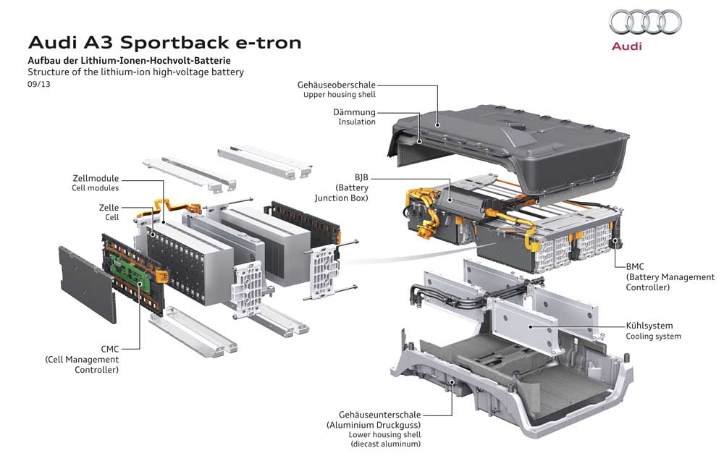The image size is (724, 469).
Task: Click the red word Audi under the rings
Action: [627, 46]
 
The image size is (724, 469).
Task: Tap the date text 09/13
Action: [38, 85]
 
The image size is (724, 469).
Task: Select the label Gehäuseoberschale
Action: [337, 85]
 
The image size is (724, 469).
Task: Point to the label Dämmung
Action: [354, 112]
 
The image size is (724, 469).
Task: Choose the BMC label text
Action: [636, 266]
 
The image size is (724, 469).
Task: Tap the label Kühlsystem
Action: [649, 326]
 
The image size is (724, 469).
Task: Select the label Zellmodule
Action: [96, 178]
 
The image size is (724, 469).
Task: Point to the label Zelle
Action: [109, 207]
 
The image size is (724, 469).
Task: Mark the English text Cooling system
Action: [653, 337]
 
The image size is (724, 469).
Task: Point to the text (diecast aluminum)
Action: [384, 444]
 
